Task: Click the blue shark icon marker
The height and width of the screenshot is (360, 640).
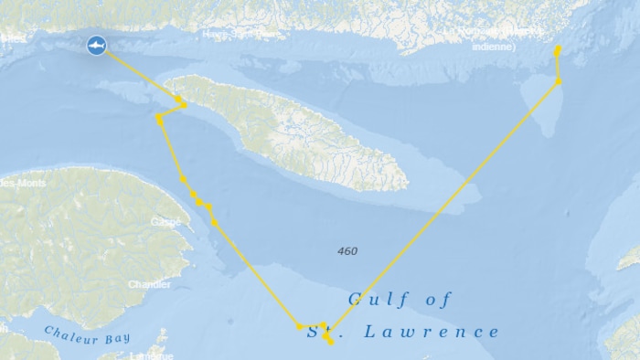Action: pos(96,45)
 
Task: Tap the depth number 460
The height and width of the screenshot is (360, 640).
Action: pos(347,251)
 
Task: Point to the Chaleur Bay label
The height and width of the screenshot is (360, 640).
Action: pos(87,337)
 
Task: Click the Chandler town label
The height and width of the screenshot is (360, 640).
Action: pos(149,284)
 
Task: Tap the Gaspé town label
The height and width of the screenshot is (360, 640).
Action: pos(165,222)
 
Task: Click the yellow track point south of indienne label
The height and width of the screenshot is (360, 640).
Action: pos(559,82)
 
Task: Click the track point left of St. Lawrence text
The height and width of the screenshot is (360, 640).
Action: pos(299,326)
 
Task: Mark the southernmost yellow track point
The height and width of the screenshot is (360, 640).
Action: pos(330,343)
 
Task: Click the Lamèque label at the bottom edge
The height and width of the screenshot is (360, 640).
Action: pos(151,355)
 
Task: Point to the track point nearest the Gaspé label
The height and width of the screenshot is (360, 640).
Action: pos(214,222)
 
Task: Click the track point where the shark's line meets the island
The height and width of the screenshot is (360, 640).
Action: pos(178,99)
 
